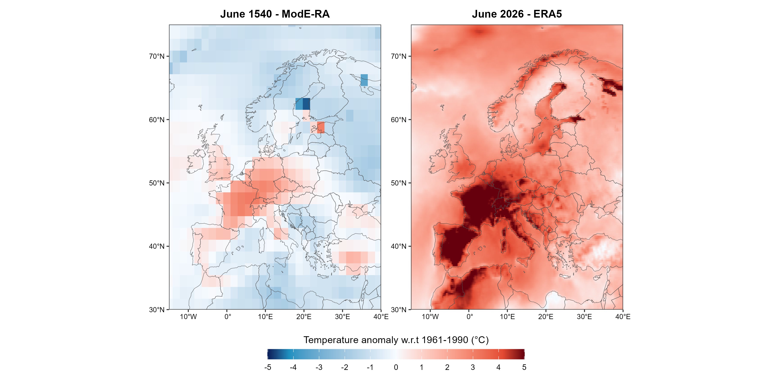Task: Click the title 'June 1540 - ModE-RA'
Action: point(275,14)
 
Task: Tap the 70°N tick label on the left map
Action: point(157,56)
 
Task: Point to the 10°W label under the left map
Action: point(188,317)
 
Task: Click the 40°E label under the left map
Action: point(381,317)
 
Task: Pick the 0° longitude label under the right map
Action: point(470,317)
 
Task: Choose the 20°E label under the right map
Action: point(546,317)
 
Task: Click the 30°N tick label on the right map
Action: point(399,310)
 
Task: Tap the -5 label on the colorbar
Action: point(268,367)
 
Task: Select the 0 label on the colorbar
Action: point(396,367)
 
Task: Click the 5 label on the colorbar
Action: point(524,367)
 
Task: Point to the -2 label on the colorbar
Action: point(345,367)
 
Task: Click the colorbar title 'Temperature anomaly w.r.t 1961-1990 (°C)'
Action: point(396,340)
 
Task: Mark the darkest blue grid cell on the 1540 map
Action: point(306,104)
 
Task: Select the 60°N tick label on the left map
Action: point(157,120)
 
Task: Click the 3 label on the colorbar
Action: point(473,367)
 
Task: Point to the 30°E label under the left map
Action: point(342,317)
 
